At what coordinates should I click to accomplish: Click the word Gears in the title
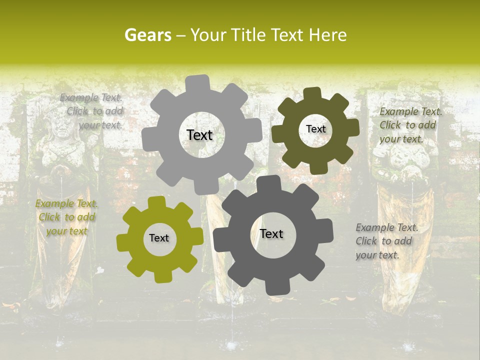tap(147, 35)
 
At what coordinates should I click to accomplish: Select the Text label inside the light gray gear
tap(199, 135)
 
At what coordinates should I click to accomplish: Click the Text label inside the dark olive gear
tap(315, 129)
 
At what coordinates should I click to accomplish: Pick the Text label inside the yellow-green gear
tap(159, 238)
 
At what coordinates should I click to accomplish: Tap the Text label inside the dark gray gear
tap(271, 233)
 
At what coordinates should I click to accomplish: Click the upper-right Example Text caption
tap(410, 125)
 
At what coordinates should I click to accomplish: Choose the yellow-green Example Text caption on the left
tap(66, 217)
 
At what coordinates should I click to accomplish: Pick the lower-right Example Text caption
tap(386, 241)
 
